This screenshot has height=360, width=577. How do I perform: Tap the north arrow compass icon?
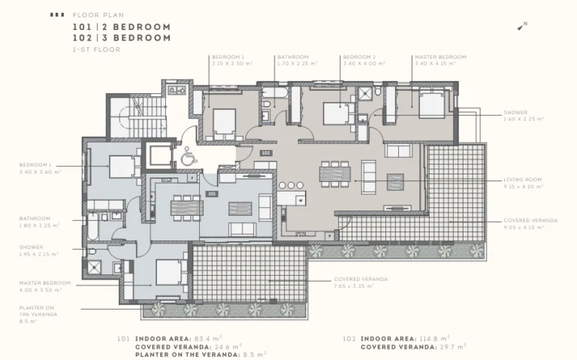[x=521, y=27]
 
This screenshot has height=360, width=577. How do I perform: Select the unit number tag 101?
[x=213, y=193]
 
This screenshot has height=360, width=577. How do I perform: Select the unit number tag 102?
[x=265, y=153]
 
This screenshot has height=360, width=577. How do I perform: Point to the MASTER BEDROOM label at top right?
[x=440, y=56]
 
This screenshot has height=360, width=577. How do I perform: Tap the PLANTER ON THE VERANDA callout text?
[x=37, y=311]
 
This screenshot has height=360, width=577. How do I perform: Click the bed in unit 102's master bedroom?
[x=431, y=104]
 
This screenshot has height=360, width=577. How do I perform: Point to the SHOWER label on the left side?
[x=32, y=247]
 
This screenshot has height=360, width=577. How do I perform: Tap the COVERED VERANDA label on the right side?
[x=530, y=220]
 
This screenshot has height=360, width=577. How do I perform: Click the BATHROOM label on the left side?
[x=36, y=218]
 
